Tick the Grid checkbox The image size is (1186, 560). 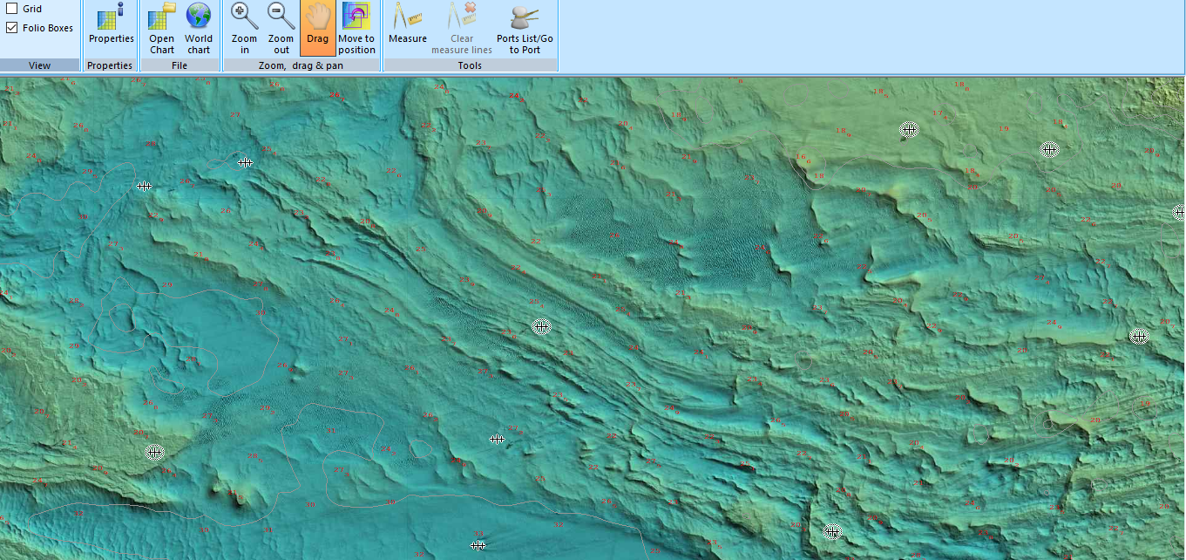pyautogui.click(x=12, y=9)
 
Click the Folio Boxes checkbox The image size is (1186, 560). pyautogui.click(x=12, y=28)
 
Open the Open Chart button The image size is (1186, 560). pyautogui.click(x=162, y=28)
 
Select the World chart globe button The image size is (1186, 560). pyautogui.click(x=199, y=28)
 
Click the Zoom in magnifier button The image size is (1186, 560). pyautogui.click(x=245, y=28)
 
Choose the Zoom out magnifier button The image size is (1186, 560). pyautogui.click(x=281, y=28)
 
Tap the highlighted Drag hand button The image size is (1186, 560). pyautogui.click(x=317, y=28)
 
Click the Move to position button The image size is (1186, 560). pyautogui.click(x=356, y=28)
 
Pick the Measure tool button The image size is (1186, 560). pyautogui.click(x=407, y=28)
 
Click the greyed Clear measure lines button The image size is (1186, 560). pyautogui.click(x=462, y=28)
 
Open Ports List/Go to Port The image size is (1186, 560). pyautogui.click(x=525, y=28)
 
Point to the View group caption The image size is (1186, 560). pyautogui.click(x=40, y=65)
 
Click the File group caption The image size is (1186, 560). pyautogui.click(x=180, y=65)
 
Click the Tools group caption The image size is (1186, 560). pyautogui.click(x=470, y=65)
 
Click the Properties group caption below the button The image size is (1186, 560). pyautogui.click(x=111, y=65)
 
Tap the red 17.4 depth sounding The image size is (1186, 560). pyautogui.click(x=939, y=113)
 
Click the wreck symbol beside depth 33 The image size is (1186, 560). pyautogui.click(x=245, y=162)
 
